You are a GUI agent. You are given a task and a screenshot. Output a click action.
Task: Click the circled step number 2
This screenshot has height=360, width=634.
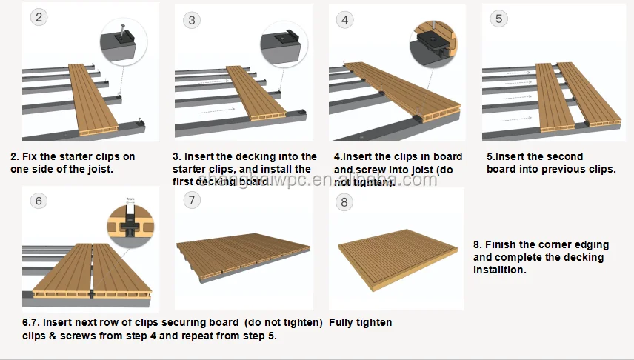point(39,16)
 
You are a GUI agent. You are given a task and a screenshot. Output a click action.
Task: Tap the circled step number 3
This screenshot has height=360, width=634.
point(192,20)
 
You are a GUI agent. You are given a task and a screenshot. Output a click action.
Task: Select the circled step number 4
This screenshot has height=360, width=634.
point(344,20)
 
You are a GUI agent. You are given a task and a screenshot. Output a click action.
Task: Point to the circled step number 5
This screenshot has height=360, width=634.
point(498,18)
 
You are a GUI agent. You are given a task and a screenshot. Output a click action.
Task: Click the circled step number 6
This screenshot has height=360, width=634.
point(39,201)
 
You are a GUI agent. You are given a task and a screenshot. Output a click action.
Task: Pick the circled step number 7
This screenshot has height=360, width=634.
point(193,200)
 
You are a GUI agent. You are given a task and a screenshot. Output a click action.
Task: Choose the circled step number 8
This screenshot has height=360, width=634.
point(344,201)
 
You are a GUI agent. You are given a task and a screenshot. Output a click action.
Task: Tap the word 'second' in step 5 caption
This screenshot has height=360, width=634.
point(564,157)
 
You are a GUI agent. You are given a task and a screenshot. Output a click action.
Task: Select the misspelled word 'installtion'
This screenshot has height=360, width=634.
point(501,270)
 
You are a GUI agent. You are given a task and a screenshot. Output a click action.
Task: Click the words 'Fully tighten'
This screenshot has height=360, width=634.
point(360,322)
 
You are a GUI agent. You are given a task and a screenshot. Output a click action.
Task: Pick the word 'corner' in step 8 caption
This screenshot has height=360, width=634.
point(548,245)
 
